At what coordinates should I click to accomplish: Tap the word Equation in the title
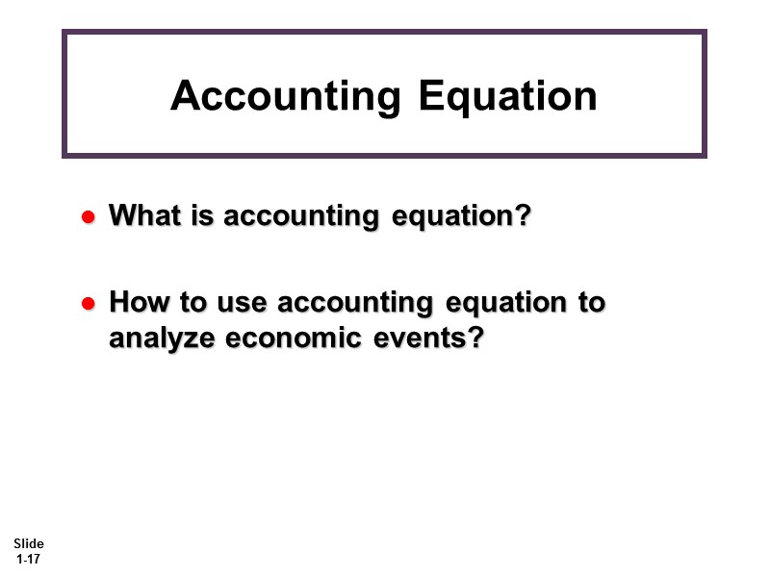point(509,96)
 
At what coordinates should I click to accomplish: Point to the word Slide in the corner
point(29,544)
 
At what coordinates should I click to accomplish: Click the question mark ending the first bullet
point(523,216)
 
